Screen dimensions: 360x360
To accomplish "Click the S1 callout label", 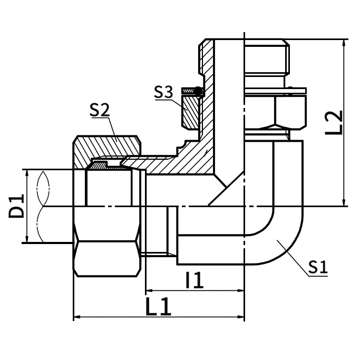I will tap(317, 267).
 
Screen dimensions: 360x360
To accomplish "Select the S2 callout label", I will tap(100, 110).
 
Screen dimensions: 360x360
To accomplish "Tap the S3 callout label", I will tap(163, 92).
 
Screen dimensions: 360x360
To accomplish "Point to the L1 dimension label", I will tap(158, 307).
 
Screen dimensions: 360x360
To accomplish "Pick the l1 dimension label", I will tap(194, 280).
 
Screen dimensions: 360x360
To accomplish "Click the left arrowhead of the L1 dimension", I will tap(76, 317).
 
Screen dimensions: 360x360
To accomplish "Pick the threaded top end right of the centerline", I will tap(266, 58).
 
